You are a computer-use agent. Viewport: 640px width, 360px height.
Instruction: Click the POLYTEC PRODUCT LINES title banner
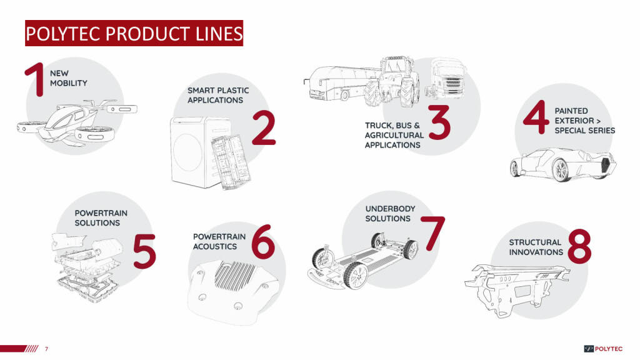(134, 33)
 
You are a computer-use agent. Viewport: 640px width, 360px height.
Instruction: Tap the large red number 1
(35, 79)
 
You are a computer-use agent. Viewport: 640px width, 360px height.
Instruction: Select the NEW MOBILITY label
(69, 78)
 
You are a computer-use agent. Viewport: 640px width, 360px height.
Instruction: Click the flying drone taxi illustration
(77, 122)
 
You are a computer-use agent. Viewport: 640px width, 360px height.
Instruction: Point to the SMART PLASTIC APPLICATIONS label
(218, 95)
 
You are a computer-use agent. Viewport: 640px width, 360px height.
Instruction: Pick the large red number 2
(264, 127)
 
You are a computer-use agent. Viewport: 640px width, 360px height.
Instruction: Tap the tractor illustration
(391, 82)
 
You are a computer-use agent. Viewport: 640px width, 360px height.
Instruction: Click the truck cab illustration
(445, 78)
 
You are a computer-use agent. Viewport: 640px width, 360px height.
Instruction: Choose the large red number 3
(439, 122)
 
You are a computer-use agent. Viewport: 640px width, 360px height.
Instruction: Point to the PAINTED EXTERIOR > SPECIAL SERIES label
(584, 121)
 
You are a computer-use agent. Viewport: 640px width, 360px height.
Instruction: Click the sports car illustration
(563, 164)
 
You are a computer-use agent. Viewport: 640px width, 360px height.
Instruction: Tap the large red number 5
(144, 251)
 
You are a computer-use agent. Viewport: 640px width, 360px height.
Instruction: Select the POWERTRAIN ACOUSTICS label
(219, 242)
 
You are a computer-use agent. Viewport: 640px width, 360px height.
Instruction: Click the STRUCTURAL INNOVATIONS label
(536, 247)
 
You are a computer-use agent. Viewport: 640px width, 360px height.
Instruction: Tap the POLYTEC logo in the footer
(603, 349)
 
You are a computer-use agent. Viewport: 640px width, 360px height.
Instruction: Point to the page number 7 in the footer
(46, 349)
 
